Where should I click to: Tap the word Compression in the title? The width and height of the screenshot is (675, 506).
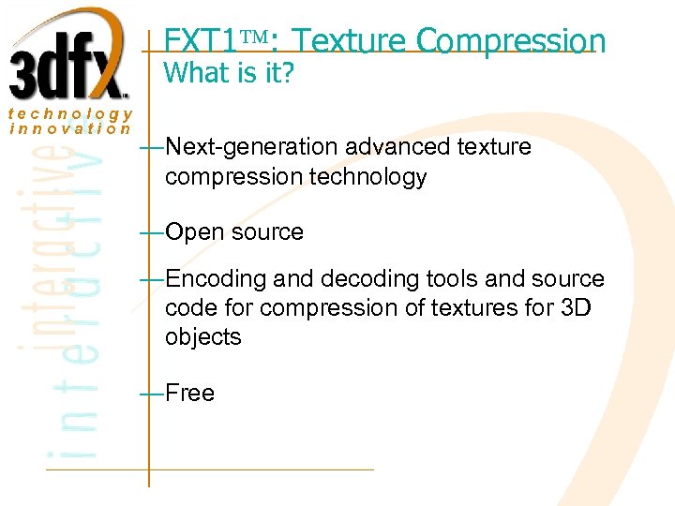tap(511, 41)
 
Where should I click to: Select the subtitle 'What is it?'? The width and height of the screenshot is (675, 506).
tap(229, 73)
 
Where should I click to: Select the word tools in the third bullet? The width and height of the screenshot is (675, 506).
tap(426, 279)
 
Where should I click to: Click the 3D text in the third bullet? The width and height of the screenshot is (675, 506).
tap(573, 307)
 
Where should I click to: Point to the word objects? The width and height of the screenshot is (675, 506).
tap(203, 336)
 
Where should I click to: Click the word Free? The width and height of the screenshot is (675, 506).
tap(189, 393)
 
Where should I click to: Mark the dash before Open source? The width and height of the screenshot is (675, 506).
tap(150, 232)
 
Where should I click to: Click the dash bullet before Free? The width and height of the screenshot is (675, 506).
tap(150, 393)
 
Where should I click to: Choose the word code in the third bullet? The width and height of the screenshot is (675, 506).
tap(187, 307)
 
